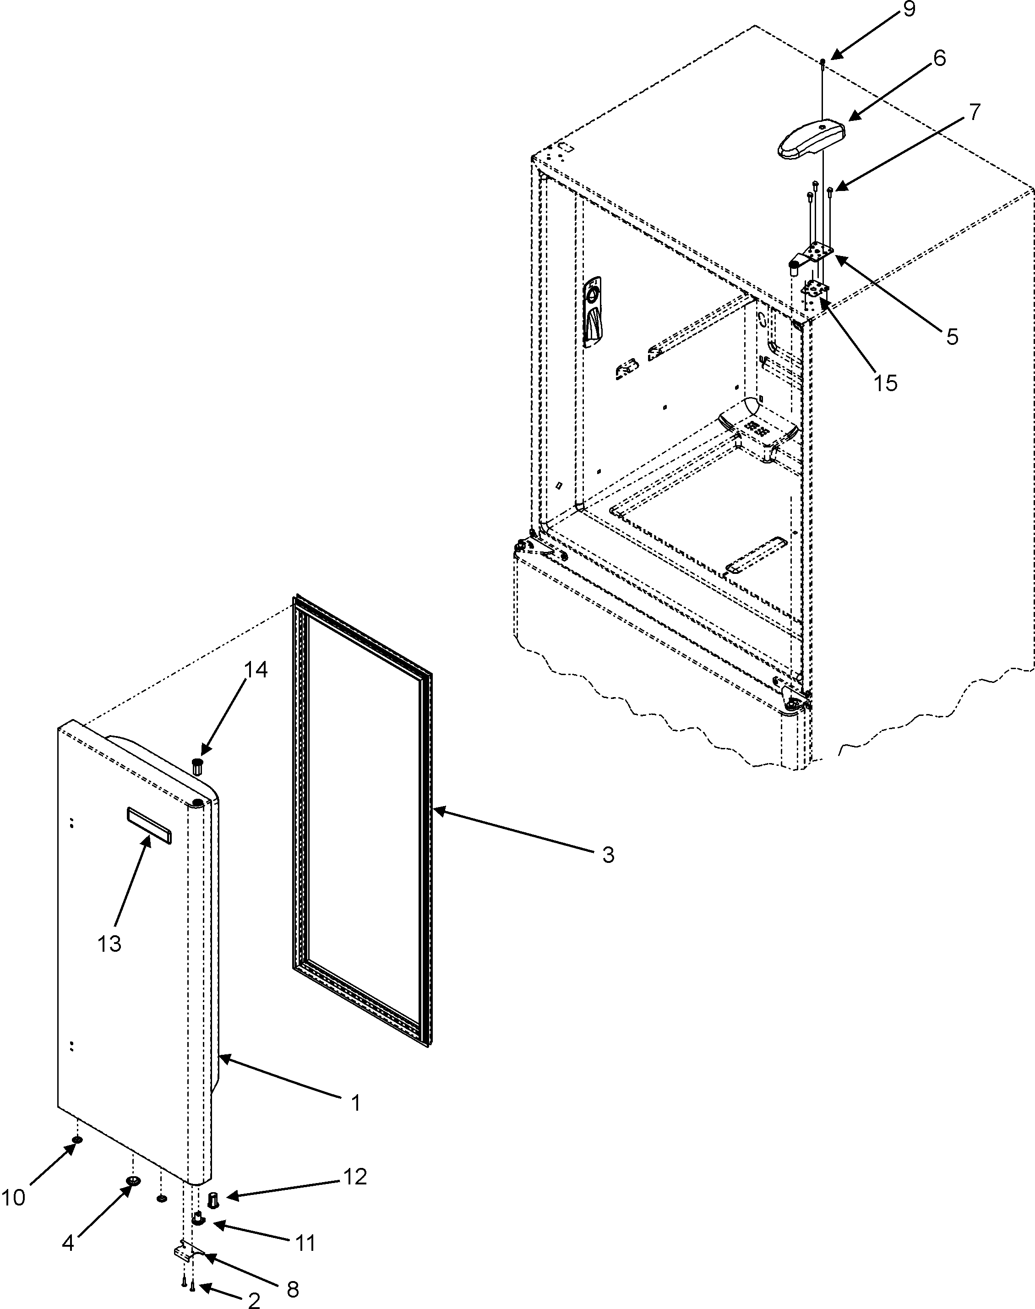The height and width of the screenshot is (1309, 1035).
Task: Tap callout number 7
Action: pyautogui.click(x=973, y=113)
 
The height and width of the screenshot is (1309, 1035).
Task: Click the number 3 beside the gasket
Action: pyautogui.click(x=608, y=855)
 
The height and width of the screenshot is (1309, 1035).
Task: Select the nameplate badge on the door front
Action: pyautogui.click(x=148, y=825)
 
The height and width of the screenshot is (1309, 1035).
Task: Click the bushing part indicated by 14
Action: pyautogui.click(x=197, y=765)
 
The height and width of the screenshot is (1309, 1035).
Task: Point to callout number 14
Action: pyautogui.click(x=256, y=669)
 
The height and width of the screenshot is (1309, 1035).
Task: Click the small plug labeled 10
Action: pyautogui.click(x=77, y=1140)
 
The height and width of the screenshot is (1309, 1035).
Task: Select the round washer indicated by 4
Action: pyautogui.click(x=133, y=1180)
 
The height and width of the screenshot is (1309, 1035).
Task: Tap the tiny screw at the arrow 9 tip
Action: pyautogui.click(x=823, y=62)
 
